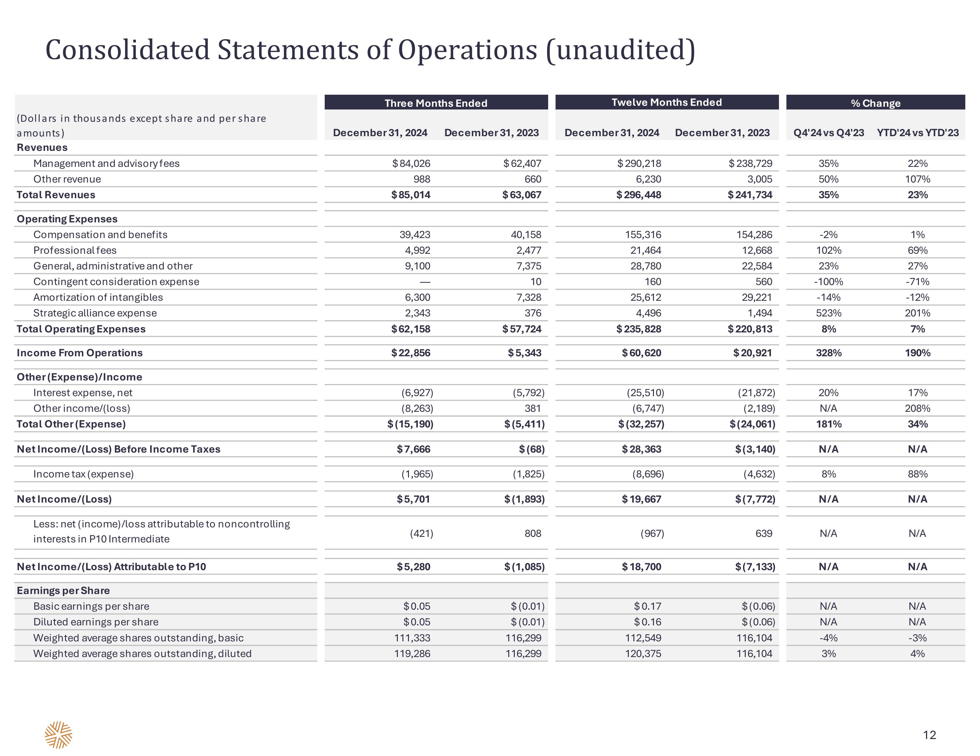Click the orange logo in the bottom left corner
58,735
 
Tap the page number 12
929,735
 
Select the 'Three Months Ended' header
436,103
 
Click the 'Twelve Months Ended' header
667,102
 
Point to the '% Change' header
875,103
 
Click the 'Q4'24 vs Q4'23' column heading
828,133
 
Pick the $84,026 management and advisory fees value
411,163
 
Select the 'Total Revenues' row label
56,195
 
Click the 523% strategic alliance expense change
828,313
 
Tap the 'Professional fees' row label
75,250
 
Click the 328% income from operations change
828,353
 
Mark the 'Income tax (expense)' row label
83,474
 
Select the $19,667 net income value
641,499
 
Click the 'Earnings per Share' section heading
63,590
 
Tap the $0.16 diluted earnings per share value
647,622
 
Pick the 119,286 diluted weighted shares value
412,654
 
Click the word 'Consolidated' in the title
128,50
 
